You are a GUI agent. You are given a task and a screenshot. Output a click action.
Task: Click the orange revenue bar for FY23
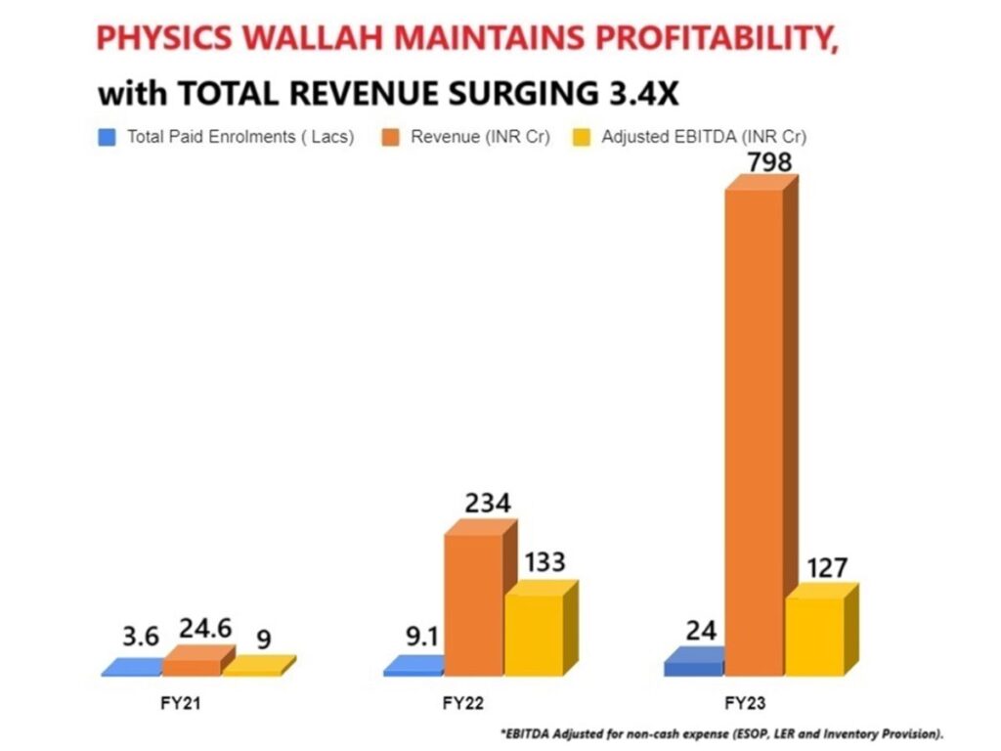click(754, 430)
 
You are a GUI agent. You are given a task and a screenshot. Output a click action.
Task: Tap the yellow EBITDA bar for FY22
click(534, 635)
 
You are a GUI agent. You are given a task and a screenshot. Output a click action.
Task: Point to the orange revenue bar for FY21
click(192, 666)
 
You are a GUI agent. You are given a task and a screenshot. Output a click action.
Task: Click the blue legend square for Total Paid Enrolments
click(108, 138)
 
